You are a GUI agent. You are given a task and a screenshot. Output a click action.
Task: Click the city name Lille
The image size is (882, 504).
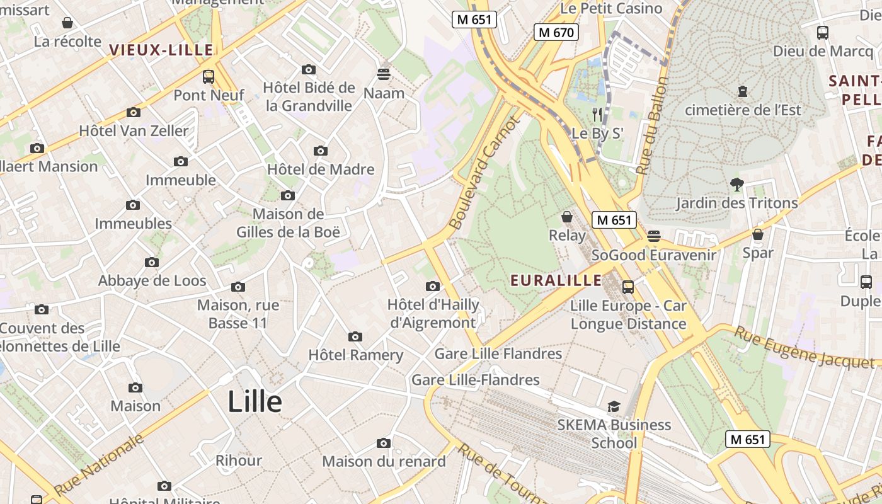tap(255, 401)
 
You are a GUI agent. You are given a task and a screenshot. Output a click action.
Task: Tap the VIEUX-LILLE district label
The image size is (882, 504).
tap(161, 50)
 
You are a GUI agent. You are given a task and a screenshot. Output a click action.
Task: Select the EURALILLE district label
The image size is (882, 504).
tap(556, 280)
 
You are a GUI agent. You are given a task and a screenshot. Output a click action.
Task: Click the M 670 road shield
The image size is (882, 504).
tap(556, 32)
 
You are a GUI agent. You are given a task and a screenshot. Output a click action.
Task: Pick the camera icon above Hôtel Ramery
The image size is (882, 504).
tap(355, 336)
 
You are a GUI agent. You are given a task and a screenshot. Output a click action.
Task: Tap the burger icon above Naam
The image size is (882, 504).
tap(384, 74)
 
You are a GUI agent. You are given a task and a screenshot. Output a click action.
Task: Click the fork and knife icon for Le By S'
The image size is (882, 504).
tap(597, 115)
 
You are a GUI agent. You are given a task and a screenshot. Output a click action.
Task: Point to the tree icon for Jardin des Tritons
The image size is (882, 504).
tap(736, 185)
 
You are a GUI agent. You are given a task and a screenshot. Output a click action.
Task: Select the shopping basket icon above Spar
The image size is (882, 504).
tap(758, 234)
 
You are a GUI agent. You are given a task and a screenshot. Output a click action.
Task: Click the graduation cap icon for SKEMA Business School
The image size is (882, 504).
tap(614, 406)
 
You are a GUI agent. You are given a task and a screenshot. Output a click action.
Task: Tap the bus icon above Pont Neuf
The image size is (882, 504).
tap(209, 77)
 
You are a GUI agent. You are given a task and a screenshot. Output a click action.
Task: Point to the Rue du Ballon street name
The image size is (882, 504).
tap(653, 126)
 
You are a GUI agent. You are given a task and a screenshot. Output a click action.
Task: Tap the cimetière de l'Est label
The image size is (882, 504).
tap(743, 110)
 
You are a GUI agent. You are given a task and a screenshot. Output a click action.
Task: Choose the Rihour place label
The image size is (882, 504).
tap(239, 461)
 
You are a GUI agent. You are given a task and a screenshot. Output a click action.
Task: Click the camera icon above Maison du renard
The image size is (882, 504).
tap(384, 444)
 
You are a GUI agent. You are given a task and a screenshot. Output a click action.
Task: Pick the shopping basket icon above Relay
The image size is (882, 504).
tap(567, 217)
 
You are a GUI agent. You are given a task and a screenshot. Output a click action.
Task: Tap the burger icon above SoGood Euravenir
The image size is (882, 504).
tap(654, 236)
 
